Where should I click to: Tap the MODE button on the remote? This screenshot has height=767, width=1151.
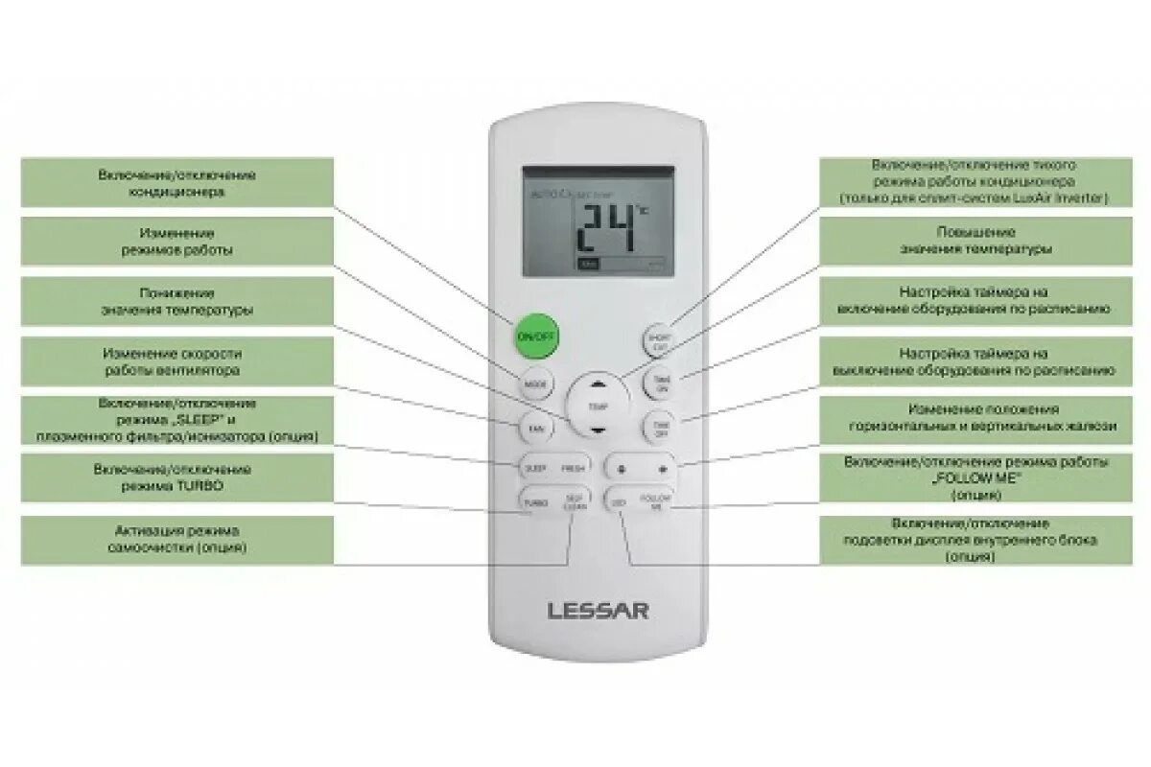pyautogui.click(x=535, y=384)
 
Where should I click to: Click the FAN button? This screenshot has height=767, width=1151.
pyautogui.click(x=534, y=428)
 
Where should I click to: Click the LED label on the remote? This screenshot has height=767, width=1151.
pyautogui.click(x=620, y=501)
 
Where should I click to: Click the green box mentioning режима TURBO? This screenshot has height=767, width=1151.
pyautogui.click(x=177, y=477)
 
